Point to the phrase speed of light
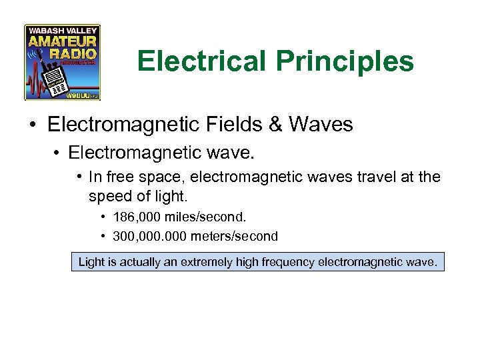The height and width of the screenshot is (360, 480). pos(136,197)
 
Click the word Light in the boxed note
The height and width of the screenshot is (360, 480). pos(91,261)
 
